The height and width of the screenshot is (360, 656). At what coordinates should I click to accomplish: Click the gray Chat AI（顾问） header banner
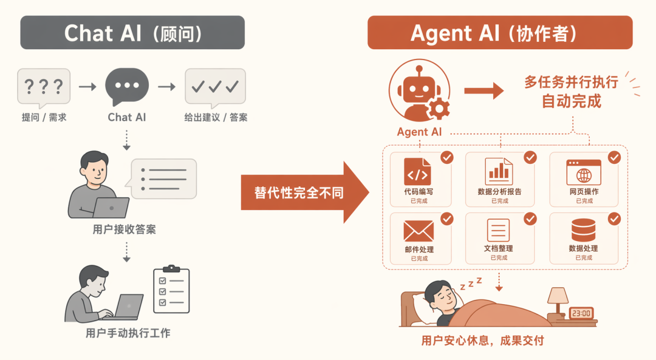(x=132, y=33)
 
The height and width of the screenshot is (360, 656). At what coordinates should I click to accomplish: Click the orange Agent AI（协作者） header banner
(x=500, y=33)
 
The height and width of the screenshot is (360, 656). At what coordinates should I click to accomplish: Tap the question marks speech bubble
(x=43, y=87)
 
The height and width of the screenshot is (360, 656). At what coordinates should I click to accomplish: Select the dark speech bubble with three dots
(x=127, y=86)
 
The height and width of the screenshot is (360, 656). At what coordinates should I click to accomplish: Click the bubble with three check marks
(x=215, y=86)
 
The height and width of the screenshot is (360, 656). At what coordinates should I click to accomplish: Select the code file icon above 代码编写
(x=417, y=172)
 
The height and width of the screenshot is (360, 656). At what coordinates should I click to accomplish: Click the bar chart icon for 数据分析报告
(x=498, y=171)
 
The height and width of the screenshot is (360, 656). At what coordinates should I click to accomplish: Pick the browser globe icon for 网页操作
(x=584, y=172)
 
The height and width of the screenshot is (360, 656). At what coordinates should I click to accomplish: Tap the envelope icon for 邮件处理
(x=419, y=231)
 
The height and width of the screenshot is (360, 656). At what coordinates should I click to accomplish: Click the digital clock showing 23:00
(x=581, y=313)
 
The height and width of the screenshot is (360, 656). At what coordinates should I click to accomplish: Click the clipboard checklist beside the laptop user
(x=171, y=290)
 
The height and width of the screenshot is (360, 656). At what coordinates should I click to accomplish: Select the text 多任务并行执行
(x=571, y=83)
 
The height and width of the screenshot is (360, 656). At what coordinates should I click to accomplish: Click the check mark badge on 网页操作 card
(x=614, y=158)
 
